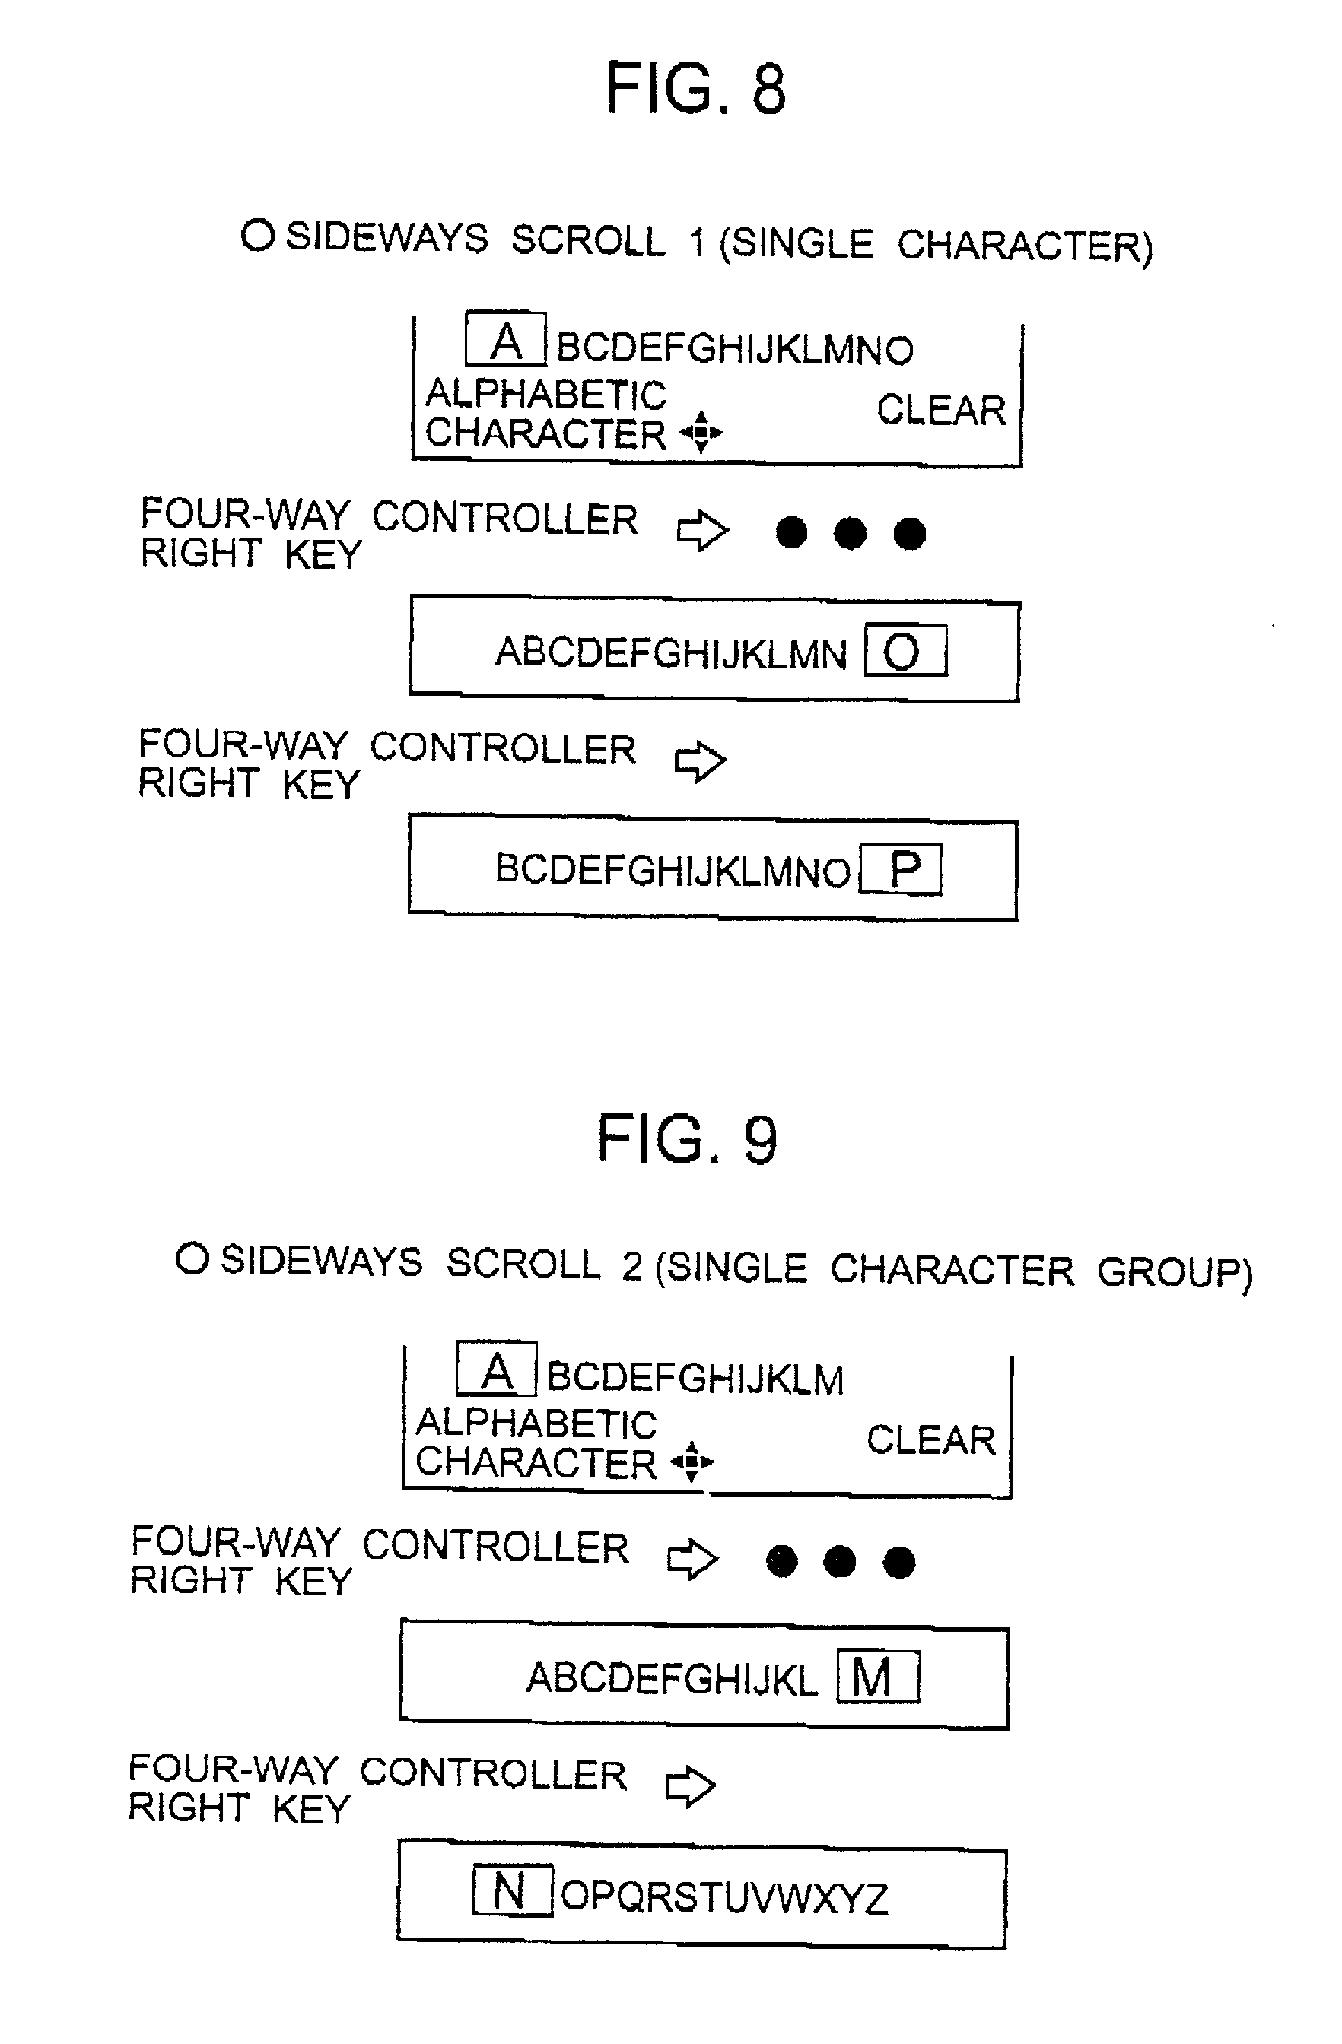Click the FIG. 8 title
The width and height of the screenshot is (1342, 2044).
695,88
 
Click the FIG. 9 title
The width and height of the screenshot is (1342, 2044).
687,1140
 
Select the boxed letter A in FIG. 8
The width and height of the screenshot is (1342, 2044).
505,341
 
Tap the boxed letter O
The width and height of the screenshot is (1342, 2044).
904,652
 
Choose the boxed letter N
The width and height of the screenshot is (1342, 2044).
512,1891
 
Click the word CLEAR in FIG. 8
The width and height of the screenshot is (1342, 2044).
941,411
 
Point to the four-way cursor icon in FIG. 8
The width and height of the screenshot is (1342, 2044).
701,431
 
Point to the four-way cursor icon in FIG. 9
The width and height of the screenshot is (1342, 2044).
692,1461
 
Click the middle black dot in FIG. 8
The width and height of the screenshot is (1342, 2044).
850,532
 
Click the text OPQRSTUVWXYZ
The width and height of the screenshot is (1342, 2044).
724,1897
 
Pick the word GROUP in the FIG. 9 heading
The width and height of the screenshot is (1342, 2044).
1174,1272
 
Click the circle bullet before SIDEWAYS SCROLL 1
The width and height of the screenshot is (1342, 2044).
257,235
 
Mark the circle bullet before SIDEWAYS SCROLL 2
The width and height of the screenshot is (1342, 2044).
192,1259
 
